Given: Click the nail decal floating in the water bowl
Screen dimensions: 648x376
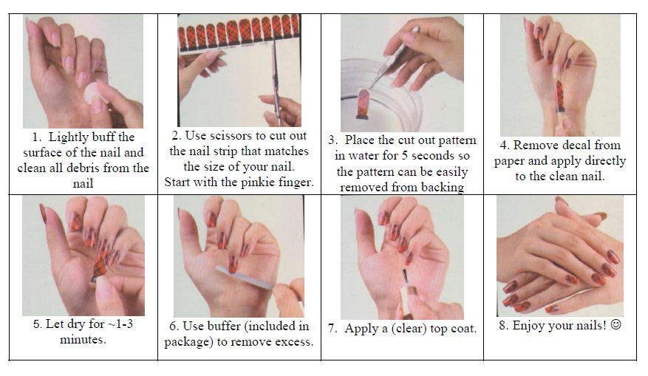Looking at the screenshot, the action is [x=363, y=103].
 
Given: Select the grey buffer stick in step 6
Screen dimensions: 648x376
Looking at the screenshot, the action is [x=245, y=276].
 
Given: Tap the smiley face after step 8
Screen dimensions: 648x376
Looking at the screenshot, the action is [x=615, y=325].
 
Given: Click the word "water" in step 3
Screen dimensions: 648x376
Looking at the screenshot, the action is [x=364, y=156].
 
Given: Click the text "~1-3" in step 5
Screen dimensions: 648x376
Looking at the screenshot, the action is [x=120, y=324].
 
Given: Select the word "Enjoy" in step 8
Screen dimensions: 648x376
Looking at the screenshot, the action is [x=528, y=326].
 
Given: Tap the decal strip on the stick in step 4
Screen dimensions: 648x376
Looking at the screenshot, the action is [x=559, y=97].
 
